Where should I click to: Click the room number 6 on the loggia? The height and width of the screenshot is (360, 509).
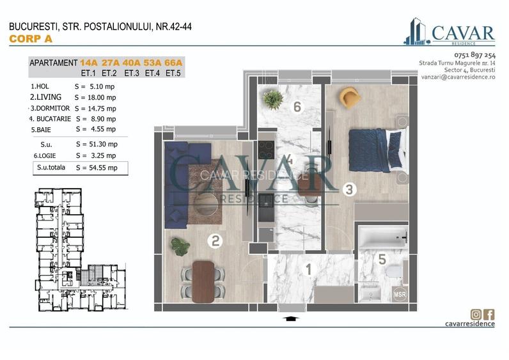click(x=297, y=107)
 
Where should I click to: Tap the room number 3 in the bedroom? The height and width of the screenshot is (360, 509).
click(x=348, y=189)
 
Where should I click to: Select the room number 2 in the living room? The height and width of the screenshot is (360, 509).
click(x=215, y=241)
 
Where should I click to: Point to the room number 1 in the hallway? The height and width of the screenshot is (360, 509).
click(x=308, y=270)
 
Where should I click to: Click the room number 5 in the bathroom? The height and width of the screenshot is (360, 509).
click(x=382, y=259)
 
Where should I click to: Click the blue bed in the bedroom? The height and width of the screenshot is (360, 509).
click(x=374, y=149)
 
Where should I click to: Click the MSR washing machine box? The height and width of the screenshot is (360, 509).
click(x=400, y=294)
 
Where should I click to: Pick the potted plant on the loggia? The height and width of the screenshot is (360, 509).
click(x=274, y=99)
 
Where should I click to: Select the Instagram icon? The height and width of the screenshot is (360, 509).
click(x=476, y=313)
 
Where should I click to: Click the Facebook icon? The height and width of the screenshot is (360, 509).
click(x=489, y=313)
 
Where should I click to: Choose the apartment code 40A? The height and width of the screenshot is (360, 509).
click(x=132, y=63)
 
